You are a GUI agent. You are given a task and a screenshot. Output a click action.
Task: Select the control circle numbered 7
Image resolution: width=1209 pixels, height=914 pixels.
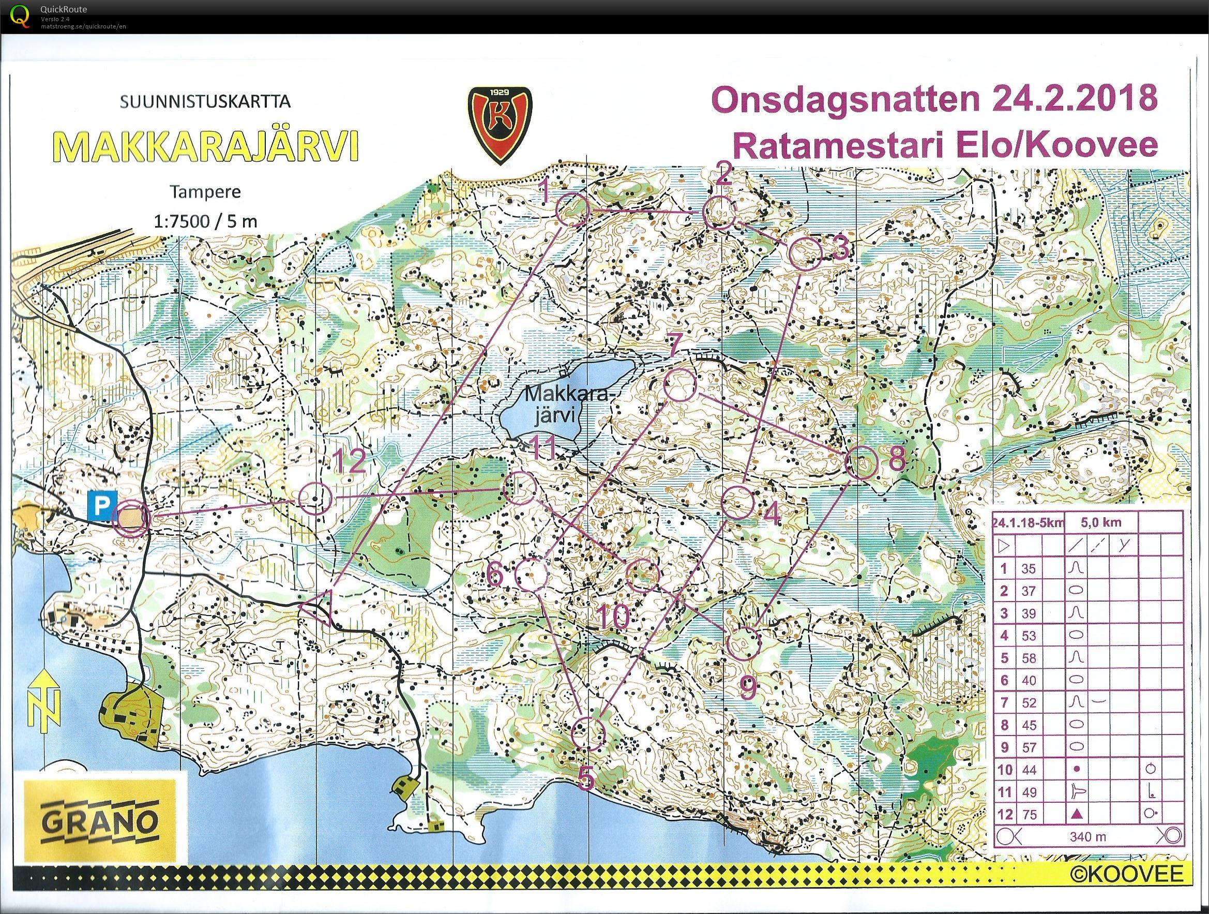(x=679, y=385)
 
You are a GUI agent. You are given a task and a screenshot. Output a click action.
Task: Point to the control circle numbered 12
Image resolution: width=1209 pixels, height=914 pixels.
(x=315, y=499)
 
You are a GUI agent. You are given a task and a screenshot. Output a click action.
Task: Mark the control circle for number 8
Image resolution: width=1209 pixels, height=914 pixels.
(x=861, y=462)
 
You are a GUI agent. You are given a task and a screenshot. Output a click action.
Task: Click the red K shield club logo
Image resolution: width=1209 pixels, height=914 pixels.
(x=499, y=125)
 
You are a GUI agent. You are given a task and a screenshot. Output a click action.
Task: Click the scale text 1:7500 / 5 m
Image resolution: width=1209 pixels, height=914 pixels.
(x=204, y=221)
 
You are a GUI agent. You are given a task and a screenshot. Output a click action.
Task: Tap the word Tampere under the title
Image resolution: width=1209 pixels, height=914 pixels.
(x=204, y=192)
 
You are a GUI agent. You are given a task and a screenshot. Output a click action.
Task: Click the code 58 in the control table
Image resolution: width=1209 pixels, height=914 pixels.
(x=1029, y=657)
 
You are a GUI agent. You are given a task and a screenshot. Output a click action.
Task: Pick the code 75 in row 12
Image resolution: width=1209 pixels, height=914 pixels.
(x=1029, y=815)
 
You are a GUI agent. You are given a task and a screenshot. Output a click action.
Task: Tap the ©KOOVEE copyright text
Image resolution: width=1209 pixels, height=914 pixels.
(x=1135, y=874)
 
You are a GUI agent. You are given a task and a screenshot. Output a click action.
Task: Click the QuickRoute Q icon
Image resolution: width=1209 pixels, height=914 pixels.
(x=20, y=15)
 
